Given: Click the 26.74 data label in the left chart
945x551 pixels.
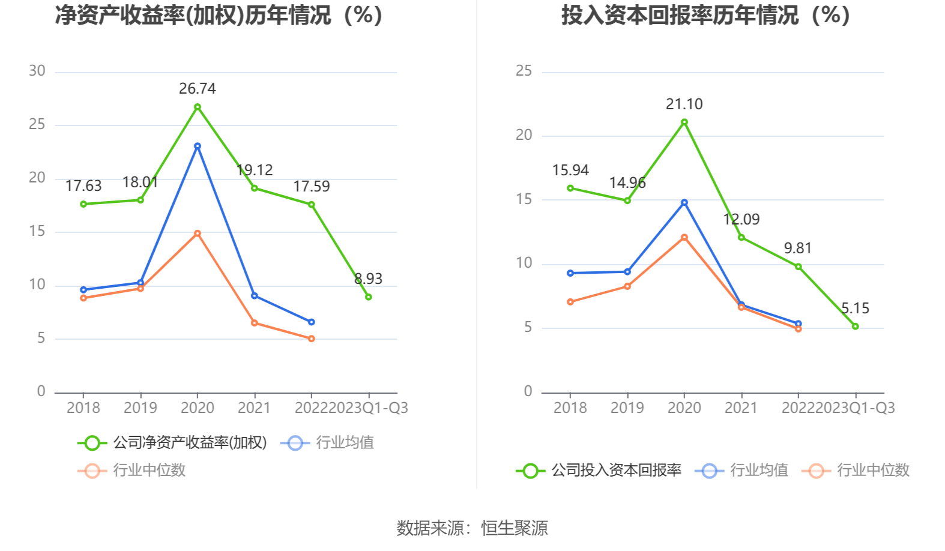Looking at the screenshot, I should (x=197, y=89).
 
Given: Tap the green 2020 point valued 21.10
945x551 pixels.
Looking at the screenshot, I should (x=684, y=122).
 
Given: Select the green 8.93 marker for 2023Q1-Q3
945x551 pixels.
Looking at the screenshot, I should (x=368, y=297).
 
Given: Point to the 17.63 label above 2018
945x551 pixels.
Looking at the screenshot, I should (x=83, y=186).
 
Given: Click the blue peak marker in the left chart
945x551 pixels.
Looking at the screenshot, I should (x=197, y=146).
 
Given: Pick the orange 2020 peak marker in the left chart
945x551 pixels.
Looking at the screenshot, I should (x=197, y=233).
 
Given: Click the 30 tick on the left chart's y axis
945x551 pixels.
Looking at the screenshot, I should (x=37, y=71).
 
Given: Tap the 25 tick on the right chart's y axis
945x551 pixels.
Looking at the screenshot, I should (x=524, y=71).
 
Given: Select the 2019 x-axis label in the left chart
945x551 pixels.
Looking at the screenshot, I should (x=140, y=408).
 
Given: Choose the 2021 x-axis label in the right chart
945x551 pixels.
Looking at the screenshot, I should (x=741, y=408).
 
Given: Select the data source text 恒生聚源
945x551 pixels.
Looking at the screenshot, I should (x=514, y=528).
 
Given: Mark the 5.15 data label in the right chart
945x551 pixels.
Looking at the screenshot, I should (x=855, y=309).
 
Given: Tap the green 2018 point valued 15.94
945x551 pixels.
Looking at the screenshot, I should (x=570, y=188).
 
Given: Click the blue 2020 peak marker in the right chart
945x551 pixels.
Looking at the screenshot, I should (x=684, y=203).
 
